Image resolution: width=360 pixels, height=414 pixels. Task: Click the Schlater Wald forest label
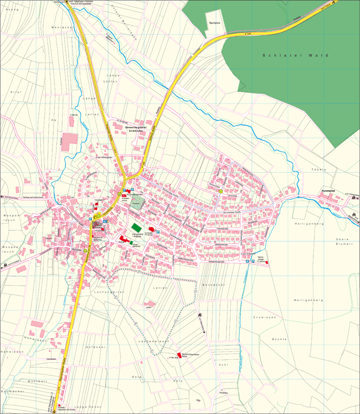coord(296,56)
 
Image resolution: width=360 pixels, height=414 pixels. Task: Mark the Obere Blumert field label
coord(336,242)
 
